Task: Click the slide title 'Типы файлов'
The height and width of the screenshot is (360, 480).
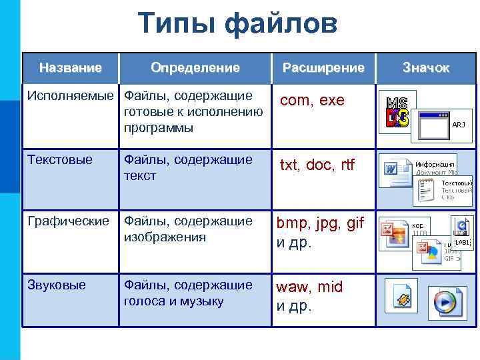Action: point(239,25)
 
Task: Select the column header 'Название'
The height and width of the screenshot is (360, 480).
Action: point(71,68)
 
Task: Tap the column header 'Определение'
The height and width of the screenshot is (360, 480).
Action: point(195,68)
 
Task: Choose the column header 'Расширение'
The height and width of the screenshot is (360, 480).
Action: point(323,68)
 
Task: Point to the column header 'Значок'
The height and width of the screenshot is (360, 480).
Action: point(426,68)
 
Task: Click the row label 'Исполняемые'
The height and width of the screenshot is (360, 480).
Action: point(71,96)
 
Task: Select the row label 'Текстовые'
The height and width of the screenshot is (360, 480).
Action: point(60,160)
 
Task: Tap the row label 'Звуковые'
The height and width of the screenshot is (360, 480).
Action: point(57,285)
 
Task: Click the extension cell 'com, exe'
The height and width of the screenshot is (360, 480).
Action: point(312,101)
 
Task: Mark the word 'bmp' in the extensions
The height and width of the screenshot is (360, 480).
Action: point(290,223)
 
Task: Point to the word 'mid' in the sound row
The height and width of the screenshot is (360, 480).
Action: point(329,287)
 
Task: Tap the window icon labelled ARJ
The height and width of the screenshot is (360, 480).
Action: point(439,125)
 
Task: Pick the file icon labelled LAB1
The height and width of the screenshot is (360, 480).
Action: point(461,234)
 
